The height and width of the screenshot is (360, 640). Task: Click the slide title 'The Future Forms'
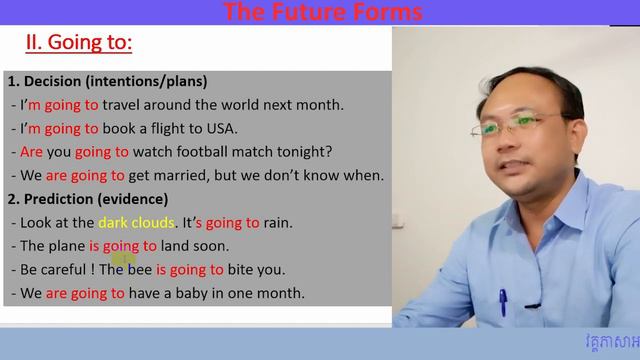tap(322, 12)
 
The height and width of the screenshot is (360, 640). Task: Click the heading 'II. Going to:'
tap(79, 44)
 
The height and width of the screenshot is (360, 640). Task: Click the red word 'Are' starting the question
tap(31, 152)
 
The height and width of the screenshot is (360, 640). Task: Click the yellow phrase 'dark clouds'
tap(136, 222)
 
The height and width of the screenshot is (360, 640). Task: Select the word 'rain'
tap(279, 222)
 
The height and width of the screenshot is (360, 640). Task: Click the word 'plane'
tap(67, 246)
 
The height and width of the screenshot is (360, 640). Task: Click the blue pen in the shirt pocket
tap(502, 300)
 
